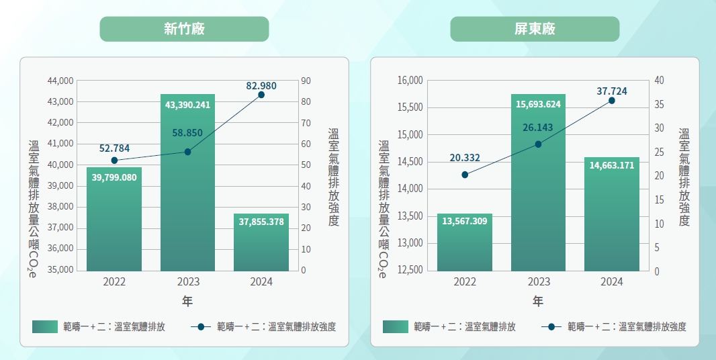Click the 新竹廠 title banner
pos(184,29)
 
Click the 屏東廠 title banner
pos(535,29)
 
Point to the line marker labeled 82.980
pos(261,95)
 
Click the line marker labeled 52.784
pos(114,161)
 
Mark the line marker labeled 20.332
pos(465,175)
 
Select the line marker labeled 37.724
pos(612,101)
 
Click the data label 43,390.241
pos(187,105)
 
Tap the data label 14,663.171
pos(612,165)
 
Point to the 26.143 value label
pos(538,127)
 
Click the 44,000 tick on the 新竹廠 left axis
pos(60,81)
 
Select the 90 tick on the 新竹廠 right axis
pos(306,81)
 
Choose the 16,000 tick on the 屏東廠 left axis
pos(410,81)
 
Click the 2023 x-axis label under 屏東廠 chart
pos(538,282)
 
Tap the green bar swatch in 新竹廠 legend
pos(50,327)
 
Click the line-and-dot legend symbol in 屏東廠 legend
pos(551,327)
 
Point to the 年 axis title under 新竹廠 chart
pos(187,302)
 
